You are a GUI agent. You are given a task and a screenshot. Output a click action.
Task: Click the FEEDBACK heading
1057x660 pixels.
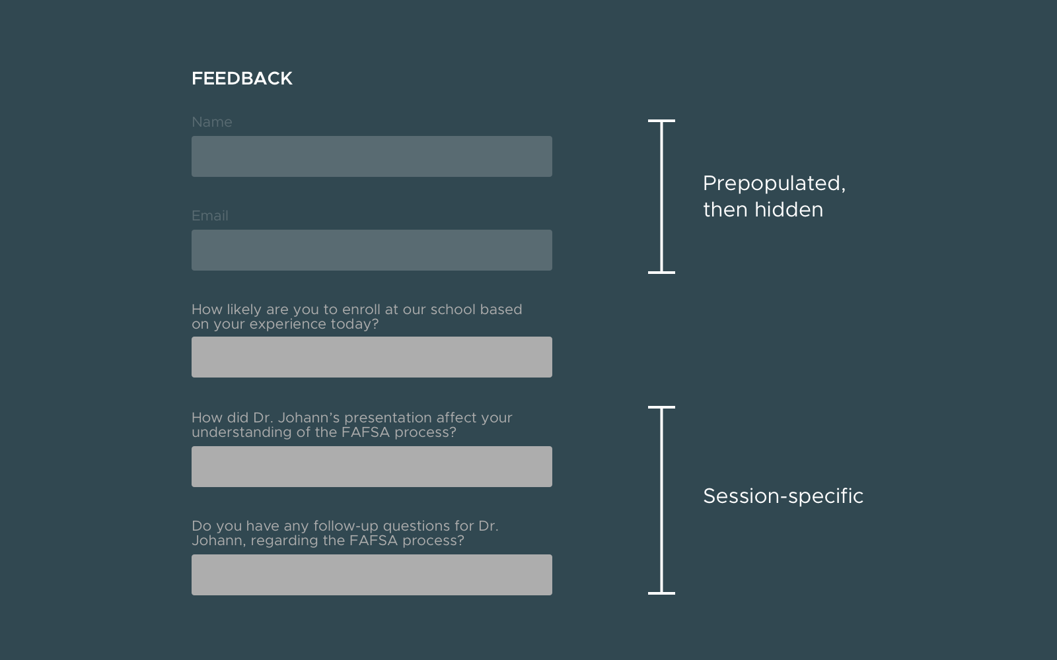(242, 79)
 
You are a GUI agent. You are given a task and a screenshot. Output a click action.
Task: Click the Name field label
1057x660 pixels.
(212, 122)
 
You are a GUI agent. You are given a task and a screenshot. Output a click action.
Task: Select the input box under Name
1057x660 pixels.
(372, 156)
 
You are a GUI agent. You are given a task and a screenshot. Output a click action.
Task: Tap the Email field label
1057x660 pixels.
(210, 216)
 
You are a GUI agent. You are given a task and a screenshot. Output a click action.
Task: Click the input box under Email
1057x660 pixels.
(372, 250)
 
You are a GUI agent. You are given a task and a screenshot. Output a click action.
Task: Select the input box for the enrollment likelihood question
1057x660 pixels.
(372, 357)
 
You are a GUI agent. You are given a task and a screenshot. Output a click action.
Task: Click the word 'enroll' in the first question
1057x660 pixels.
(361, 310)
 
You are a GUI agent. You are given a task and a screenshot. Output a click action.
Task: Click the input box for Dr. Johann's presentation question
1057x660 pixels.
(372, 467)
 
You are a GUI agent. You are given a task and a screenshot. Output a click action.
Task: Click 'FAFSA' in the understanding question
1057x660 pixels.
(366, 432)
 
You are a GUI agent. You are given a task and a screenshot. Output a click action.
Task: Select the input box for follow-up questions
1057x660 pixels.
(372, 575)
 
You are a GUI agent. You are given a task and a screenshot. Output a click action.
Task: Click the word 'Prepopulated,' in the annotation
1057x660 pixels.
(774, 184)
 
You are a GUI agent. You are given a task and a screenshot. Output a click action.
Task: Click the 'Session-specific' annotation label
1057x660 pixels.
(784, 496)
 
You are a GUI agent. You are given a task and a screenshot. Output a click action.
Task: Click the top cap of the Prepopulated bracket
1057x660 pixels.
(661, 121)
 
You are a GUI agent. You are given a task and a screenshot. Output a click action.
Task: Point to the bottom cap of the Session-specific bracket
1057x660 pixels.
(661, 593)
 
